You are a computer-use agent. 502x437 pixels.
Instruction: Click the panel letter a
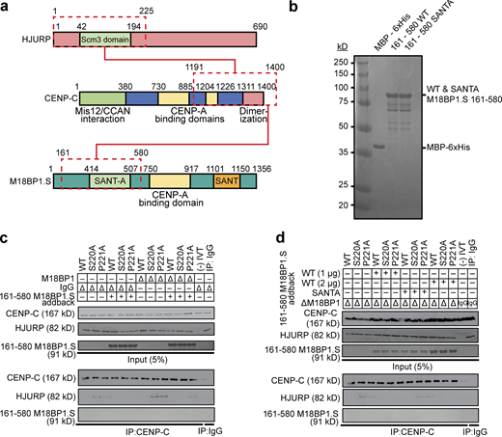point(7,8)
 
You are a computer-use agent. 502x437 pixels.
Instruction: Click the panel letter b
point(318,8)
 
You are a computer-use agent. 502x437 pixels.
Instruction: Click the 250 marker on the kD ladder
point(341,60)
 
